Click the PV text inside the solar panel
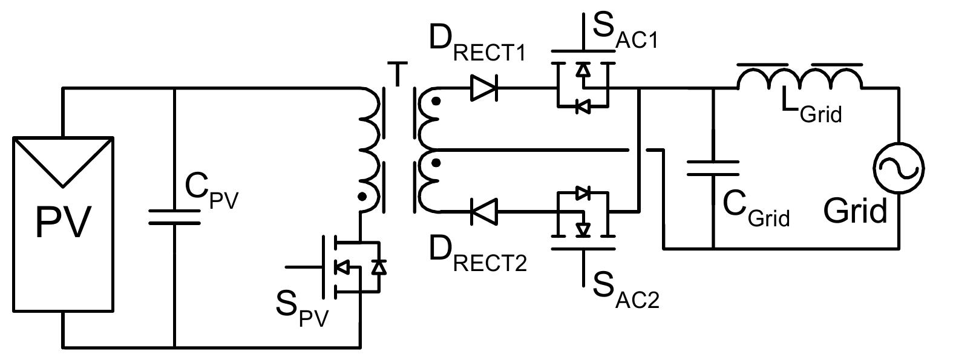pyautogui.click(x=64, y=222)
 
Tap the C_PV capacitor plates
pyautogui.click(x=174, y=217)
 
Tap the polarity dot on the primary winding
pyautogui.click(x=362, y=197)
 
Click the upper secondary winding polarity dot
pyautogui.click(x=436, y=101)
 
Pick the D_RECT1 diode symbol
pyautogui.click(x=484, y=89)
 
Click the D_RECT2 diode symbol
pyautogui.click(x=484, y=212)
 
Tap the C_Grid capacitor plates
pyautogui.click(x=713, y=168)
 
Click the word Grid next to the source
pyautogui.click(x=855, y=211)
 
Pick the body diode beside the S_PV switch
pyautogui.click(x=378, y=266)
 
